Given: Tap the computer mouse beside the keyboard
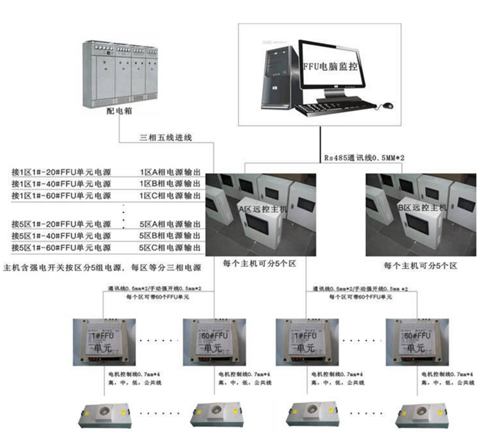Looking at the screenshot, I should [388, 106].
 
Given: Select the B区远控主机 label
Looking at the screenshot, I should [422, 207].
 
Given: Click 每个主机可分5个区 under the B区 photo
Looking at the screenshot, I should [421, 264].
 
